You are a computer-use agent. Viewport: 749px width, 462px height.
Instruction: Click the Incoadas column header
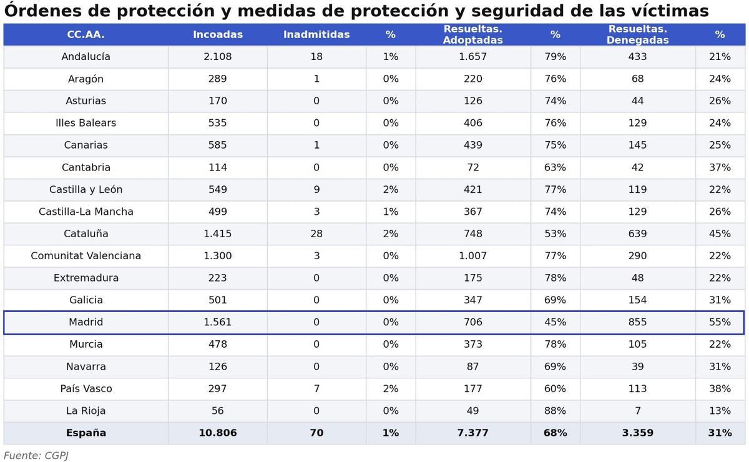217,35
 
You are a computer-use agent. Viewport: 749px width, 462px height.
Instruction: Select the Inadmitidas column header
316,35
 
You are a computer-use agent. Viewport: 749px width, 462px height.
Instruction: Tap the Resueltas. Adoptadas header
472,35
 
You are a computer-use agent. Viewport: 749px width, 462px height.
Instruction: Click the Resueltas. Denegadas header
637,35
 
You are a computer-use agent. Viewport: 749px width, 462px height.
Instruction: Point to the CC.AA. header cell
86,35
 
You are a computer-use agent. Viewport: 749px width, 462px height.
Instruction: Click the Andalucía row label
86,57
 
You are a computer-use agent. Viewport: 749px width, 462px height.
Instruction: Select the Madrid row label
86,322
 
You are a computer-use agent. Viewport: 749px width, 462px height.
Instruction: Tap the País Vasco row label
86,389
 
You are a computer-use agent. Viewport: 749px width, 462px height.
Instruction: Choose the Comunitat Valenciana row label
86,256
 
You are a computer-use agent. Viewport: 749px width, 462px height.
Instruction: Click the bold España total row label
86,433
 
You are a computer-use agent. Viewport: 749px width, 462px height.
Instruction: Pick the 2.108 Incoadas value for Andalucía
217,57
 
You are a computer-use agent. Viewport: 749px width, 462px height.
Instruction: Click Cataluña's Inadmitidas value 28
316,234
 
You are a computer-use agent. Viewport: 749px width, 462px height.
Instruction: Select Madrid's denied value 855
637,322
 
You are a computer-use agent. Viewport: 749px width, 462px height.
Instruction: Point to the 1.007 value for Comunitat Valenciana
472,256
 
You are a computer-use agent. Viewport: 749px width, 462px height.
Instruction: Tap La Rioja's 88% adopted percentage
555,411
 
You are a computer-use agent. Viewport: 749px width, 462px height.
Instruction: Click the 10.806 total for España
217,433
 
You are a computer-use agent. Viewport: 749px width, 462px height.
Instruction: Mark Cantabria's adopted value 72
472,167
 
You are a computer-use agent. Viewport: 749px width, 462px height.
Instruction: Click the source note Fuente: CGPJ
36,456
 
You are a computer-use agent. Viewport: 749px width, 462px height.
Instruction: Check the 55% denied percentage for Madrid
720,322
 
